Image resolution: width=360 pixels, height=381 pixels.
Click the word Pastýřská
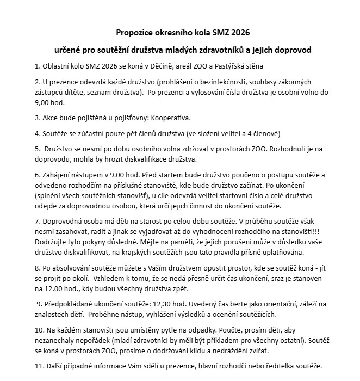[x=224, y=66]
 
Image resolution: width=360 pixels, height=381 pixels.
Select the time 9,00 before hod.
[x=43, y=102]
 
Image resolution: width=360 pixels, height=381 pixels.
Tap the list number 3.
[x=37, y=118]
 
